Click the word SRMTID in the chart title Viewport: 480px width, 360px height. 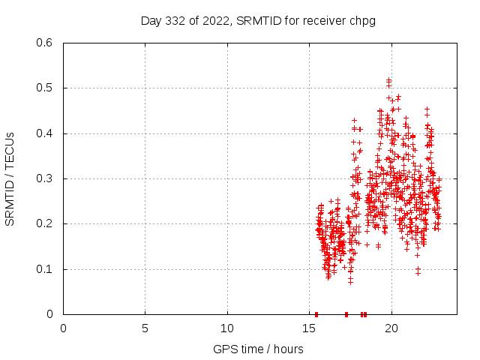click(256, 20)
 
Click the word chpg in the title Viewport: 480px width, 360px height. click(361, 20)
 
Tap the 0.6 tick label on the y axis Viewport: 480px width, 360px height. click(47, 43)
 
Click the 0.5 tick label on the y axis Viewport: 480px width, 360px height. click(47, 88)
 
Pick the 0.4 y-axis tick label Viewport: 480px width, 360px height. click(47, 133)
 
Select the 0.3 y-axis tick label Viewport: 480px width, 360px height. click(47, 178)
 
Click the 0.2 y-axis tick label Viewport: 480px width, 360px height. click(47, 223)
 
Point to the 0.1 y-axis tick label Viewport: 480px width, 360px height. click(47, 269)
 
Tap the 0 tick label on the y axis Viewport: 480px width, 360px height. click(53, 314)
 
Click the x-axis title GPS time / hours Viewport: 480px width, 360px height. click(259, 349)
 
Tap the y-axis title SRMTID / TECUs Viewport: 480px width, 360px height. click(10, 178)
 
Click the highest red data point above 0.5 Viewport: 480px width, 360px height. click(388, 80)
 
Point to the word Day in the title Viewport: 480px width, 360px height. click(151, 20)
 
